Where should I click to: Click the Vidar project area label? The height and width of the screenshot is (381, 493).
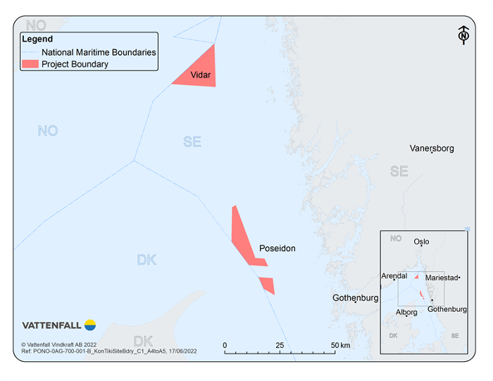tap(201, 75)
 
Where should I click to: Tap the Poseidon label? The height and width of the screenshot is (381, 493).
tap(277, 249)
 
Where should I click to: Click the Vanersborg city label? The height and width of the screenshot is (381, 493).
tap(432, 149)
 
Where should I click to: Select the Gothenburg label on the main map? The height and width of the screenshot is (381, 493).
tap(356, 298)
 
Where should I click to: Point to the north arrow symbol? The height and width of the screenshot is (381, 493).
tap(463, 35)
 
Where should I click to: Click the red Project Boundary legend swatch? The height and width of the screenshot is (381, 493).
tap(30, 65)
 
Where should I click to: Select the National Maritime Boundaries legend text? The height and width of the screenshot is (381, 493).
tap(99, 52)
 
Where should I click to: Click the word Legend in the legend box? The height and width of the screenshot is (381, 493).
tap(37, 39)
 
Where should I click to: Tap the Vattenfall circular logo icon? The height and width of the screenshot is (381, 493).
tap(90, 325)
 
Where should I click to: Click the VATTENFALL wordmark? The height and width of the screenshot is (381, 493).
tap(52, 325)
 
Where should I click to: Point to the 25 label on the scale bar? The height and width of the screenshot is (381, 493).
tap(279, 345)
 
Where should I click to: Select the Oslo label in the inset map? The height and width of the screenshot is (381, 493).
tap(421, 242)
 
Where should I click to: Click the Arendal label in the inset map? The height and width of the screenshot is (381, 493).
tap(394, 276)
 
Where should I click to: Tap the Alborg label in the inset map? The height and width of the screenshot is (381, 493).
tap(406, 312)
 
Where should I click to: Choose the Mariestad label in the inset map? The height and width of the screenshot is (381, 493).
tap(442, 278)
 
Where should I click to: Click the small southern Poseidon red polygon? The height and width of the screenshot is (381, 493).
tap(267, 285)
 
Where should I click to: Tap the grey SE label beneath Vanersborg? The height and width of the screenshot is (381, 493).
tap(399, 171)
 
